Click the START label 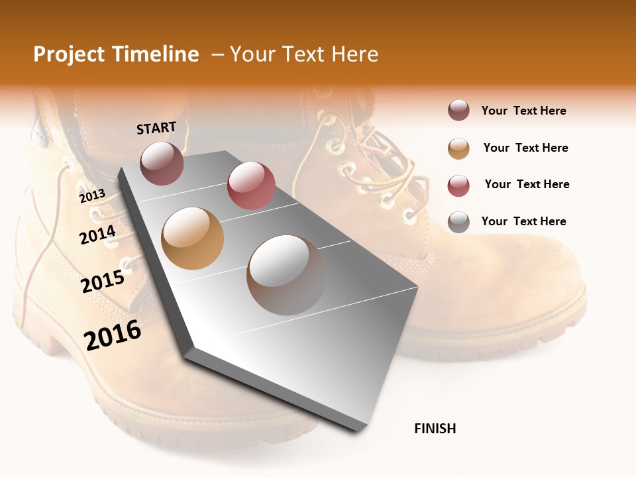pyautogui.click(x=156, y=128)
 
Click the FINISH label pyautogui.click(x=435, y=429)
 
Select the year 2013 pyautogui.click(x=92, y=195)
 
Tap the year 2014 pyautogui.click(x=97, y=235)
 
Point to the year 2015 pyautogui.click(x=103, y=282)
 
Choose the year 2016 pyautogui.click(x=113, y=335)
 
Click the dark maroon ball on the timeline pyautogui.click(x=162, y=163)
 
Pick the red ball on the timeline pyautogui.click(x=251, y=185)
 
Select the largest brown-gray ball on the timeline pyautogui.click(x=287, y=275)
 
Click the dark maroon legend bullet pyautogui.click(x=458, y=111)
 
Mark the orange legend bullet pyautogui.click(x=458, y=148)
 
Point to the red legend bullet pyautogui.click(x=458, y=185)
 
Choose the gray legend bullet pyautogui.click(x=458, y=222)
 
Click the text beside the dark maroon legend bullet pyautogui.click(x=523, y=111)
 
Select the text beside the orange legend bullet pyautogui.click(x=525, y=148)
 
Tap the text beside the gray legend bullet pyautogui.click(x=523, y=221)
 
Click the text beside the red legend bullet pyautogui.click(x=527, y=184)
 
